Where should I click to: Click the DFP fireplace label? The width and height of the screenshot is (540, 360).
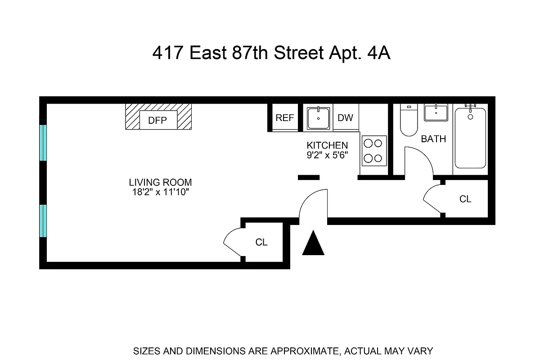tap(157, 120)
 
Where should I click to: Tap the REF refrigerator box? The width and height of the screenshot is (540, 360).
tap(284, 118)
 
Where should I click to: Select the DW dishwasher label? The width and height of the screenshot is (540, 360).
tap(345, 118)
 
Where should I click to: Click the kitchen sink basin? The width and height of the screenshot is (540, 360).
tap(319, 118)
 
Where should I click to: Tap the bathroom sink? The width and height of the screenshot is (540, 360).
tap(436, 113)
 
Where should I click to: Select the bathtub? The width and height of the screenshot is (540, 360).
tap(470, 139)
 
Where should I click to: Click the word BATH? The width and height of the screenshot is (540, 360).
tap(433, 139)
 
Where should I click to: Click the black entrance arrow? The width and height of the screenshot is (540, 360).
tap(313, 244)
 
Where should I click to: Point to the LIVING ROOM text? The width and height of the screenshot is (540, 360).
tap(160, 183)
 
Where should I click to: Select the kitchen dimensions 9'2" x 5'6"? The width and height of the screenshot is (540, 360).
tap(327, 155)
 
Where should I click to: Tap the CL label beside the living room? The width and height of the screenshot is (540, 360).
tap(261, 242)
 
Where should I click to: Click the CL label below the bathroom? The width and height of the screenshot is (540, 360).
tap(465, 199)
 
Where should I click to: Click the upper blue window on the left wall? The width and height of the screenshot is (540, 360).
tap(43, 143)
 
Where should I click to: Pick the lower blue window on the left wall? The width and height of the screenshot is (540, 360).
tap(43, 221)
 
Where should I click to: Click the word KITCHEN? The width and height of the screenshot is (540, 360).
tap(327, 145)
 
